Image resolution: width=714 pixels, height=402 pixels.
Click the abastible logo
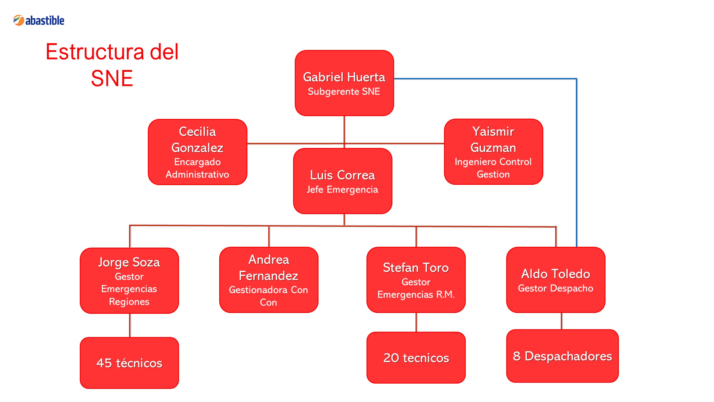[x=39, y=20]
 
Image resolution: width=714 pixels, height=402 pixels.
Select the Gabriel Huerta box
[x=344, y=83]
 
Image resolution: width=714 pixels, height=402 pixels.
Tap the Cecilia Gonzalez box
[x=197, y=152]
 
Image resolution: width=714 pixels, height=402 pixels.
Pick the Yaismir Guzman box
[x=493, y=152]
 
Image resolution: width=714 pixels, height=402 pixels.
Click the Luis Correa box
[x=343, y=181]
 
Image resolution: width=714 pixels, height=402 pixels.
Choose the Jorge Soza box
[x=129, y=281]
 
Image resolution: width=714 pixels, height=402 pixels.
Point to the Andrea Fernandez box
[x=269, y=280]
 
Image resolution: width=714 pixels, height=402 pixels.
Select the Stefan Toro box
[x=416, y=280]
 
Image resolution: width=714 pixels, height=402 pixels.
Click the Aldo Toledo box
[x=556, y=280]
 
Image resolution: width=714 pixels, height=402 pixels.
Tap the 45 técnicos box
[x=129, y=363]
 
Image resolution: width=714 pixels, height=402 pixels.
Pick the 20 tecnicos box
[x=416, y=358]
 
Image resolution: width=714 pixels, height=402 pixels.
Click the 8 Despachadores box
[x=563, y=356]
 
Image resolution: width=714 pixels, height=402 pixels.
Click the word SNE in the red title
[x=112, y=78]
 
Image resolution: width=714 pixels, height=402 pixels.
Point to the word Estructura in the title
[x=95, y=52]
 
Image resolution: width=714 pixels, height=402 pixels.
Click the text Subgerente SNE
[x=344, y=91]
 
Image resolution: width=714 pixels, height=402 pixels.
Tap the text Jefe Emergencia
[x=342, y=190]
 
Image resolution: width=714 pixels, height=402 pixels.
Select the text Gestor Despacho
[x=556, y=288]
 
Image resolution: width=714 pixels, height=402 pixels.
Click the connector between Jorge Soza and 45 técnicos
[x=130, y=325]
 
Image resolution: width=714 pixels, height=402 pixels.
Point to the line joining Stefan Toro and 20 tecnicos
[x=416, y=322]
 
